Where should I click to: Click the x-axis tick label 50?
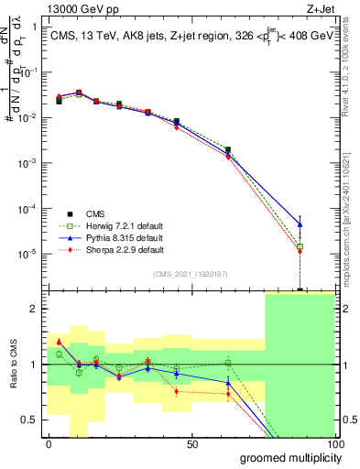point(192,443)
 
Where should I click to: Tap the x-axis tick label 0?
point(49,443)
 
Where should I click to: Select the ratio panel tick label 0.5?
point(30,420)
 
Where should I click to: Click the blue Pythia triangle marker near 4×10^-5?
point(300,224)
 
